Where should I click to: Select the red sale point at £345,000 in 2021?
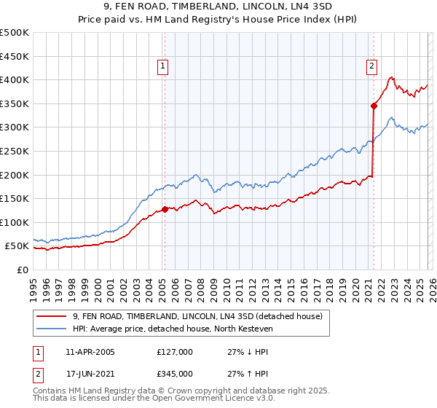pyautogui.click(x=374, y=106)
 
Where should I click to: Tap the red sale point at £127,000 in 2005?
pyautogui.click(x=165, y=209)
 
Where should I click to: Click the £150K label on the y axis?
pyautogui.click(x=15, y=198)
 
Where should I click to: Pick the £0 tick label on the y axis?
pyautogui.click(x=22, y=270)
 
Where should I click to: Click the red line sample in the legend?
pyautogui.click(x=52, y=316)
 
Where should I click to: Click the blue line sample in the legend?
pyautogui.click(x=52, y=329)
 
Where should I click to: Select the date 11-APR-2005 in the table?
pyautogui.click(x=90, y=352)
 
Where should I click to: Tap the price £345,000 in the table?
pyautogui.click(x=174, y=374)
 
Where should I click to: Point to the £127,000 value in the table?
pyautogui.click(x=174, y=352)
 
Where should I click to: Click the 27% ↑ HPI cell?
pyautogui.click(x=248, y=374)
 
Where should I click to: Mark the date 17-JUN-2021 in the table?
pyautogui.click(x=90, y=374)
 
